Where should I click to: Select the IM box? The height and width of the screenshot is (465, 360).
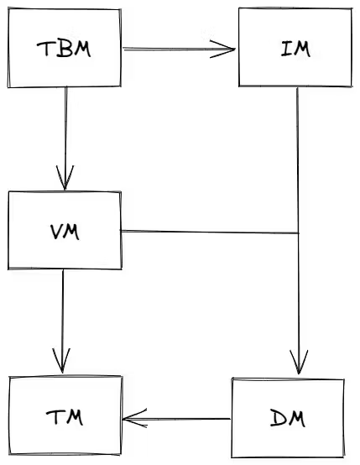294,48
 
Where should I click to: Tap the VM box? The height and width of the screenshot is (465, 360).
65,230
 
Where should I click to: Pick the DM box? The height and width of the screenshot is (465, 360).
288,417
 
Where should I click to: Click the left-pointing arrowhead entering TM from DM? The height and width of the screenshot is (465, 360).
130,418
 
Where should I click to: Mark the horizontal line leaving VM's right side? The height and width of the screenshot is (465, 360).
210,232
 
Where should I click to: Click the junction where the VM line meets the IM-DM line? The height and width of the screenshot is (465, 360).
299,232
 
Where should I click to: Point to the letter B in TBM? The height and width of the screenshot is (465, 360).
64,49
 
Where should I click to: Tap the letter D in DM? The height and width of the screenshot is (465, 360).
277,417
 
